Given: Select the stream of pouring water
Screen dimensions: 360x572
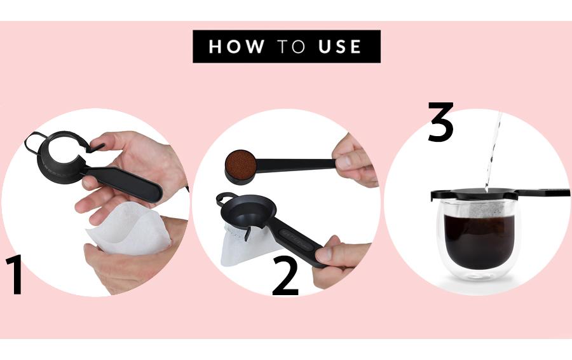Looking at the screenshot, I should (493, 149).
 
